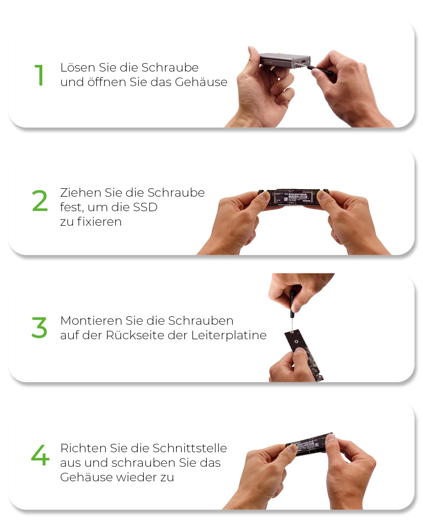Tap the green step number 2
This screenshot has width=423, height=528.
coord(40,201)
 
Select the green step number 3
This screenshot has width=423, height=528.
coord(39,328)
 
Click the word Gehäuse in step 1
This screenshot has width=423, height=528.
coord(201,82)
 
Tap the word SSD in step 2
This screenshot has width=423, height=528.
coord(145,207)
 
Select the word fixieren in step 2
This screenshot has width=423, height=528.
coord(99,222)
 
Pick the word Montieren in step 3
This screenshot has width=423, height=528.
coord(91,321)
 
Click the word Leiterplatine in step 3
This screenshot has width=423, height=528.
coord(229,335)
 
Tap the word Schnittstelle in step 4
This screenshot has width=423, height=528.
coord(190,448)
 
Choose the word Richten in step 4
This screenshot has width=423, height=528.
coord(83,448)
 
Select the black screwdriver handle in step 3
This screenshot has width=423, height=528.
coord(292,304)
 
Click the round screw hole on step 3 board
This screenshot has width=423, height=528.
coord(296,342)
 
